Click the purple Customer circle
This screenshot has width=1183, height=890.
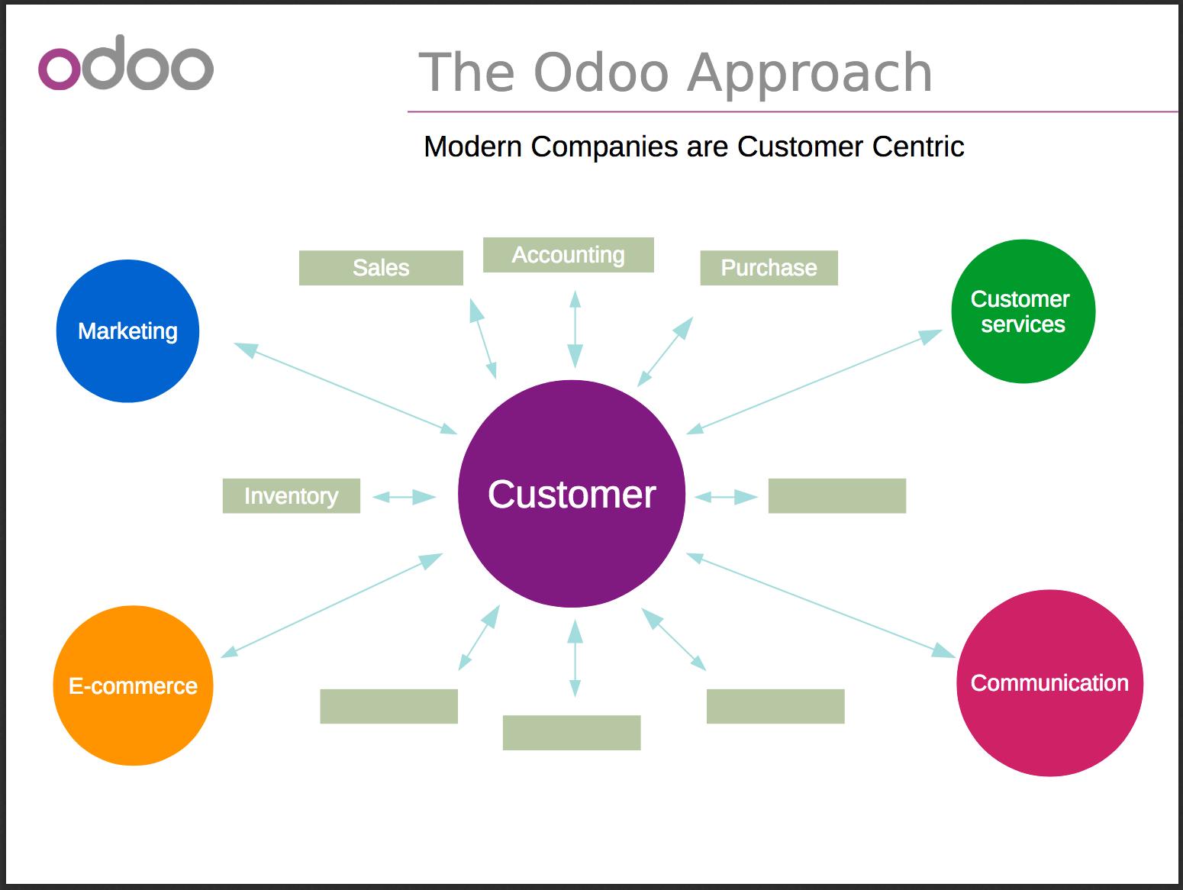click(x=572, y=494)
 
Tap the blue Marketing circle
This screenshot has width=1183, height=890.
click(x=127, y=331)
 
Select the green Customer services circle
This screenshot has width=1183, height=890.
click(x=1023, y=311)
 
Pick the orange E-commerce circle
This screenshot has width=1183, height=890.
click(x=133, y=685)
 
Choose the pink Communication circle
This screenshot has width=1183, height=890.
click(x=1049, y=683)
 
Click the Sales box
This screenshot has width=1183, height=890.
click(x=381, y=268)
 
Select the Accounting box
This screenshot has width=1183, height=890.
click(x=568, y=255)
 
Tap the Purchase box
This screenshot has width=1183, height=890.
click(x=769, y=268)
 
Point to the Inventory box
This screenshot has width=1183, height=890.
click(x=291, y=495)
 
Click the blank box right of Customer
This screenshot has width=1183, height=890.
click(x=837, y=495)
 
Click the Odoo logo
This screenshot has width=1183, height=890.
click(x=126, y=63)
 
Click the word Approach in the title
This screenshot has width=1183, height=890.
click(x=810, y=73)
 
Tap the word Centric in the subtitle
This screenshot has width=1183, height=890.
click(x=918, y=147)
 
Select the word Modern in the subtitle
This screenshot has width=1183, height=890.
click(x=472, y=147)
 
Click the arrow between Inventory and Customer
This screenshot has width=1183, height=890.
click(x=404, y=497)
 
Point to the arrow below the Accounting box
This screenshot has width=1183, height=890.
click(x=575, y=329)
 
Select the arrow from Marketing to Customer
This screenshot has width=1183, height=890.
click(x=346, y=388)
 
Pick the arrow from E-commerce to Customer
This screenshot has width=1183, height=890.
click(x=331, y=605)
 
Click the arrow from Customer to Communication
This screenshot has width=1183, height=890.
click(x=820, y=605)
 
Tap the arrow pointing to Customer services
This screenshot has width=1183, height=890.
click(x=814, y=382)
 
